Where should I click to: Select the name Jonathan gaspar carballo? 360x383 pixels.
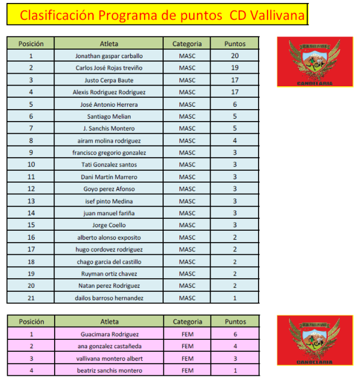coord(109,56)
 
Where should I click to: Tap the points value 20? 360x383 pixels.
coord(235,56)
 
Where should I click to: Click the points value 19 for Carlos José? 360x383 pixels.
coord(235,68)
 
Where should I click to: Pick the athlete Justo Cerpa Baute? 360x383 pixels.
coord(109,80)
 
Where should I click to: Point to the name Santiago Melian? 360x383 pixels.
coord(109,116)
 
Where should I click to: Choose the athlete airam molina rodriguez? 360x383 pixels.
coord(109,140)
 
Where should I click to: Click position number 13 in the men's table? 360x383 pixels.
coord(31,201)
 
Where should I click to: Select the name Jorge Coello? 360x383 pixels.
coord(109,225)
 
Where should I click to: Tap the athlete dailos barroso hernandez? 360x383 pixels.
coord(109,298)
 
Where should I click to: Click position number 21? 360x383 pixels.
coord(31,298)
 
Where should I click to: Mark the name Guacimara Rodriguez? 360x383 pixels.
coord(109,334)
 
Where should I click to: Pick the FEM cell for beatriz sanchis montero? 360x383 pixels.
coord(187,370)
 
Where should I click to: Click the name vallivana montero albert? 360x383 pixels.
coord(109,358)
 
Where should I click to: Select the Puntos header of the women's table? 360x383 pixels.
coord(235,322)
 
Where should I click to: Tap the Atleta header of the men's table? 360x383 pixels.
coord(109,43)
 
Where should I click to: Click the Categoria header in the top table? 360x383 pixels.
coord(187,43)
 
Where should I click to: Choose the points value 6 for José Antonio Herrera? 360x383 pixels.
coord(235,104)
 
